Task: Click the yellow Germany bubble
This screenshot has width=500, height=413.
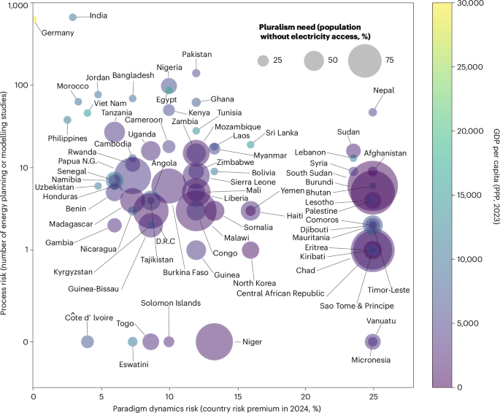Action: (x=34, y=19)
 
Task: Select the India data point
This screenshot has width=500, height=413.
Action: (x=72, y=17)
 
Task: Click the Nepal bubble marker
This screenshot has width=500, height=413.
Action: (x=372, y=112)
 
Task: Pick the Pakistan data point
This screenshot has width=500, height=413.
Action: (x=196, y=73)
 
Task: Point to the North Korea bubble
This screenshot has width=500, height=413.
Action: (x=250, y=271)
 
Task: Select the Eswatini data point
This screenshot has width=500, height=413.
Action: (x=133, y=341)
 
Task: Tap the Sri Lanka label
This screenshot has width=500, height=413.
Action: (x=281, y=133)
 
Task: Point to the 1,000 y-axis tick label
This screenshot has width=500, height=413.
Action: (x=15, y=6)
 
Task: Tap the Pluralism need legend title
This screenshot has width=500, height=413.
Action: (x=326, y=31)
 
